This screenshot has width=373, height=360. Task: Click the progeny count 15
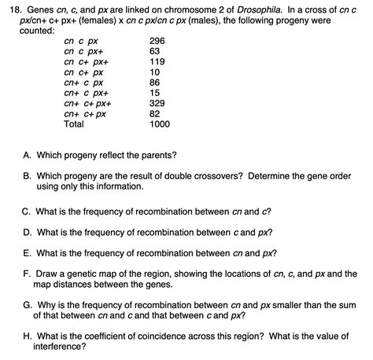[155, 93]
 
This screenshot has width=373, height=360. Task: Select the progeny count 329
[157, 103]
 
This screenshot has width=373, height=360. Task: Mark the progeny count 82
[155, 114]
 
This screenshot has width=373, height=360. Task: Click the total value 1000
[160, 124]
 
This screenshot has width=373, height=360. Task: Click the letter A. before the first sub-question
[28, 154]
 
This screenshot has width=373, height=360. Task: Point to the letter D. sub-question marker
[28, 233]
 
